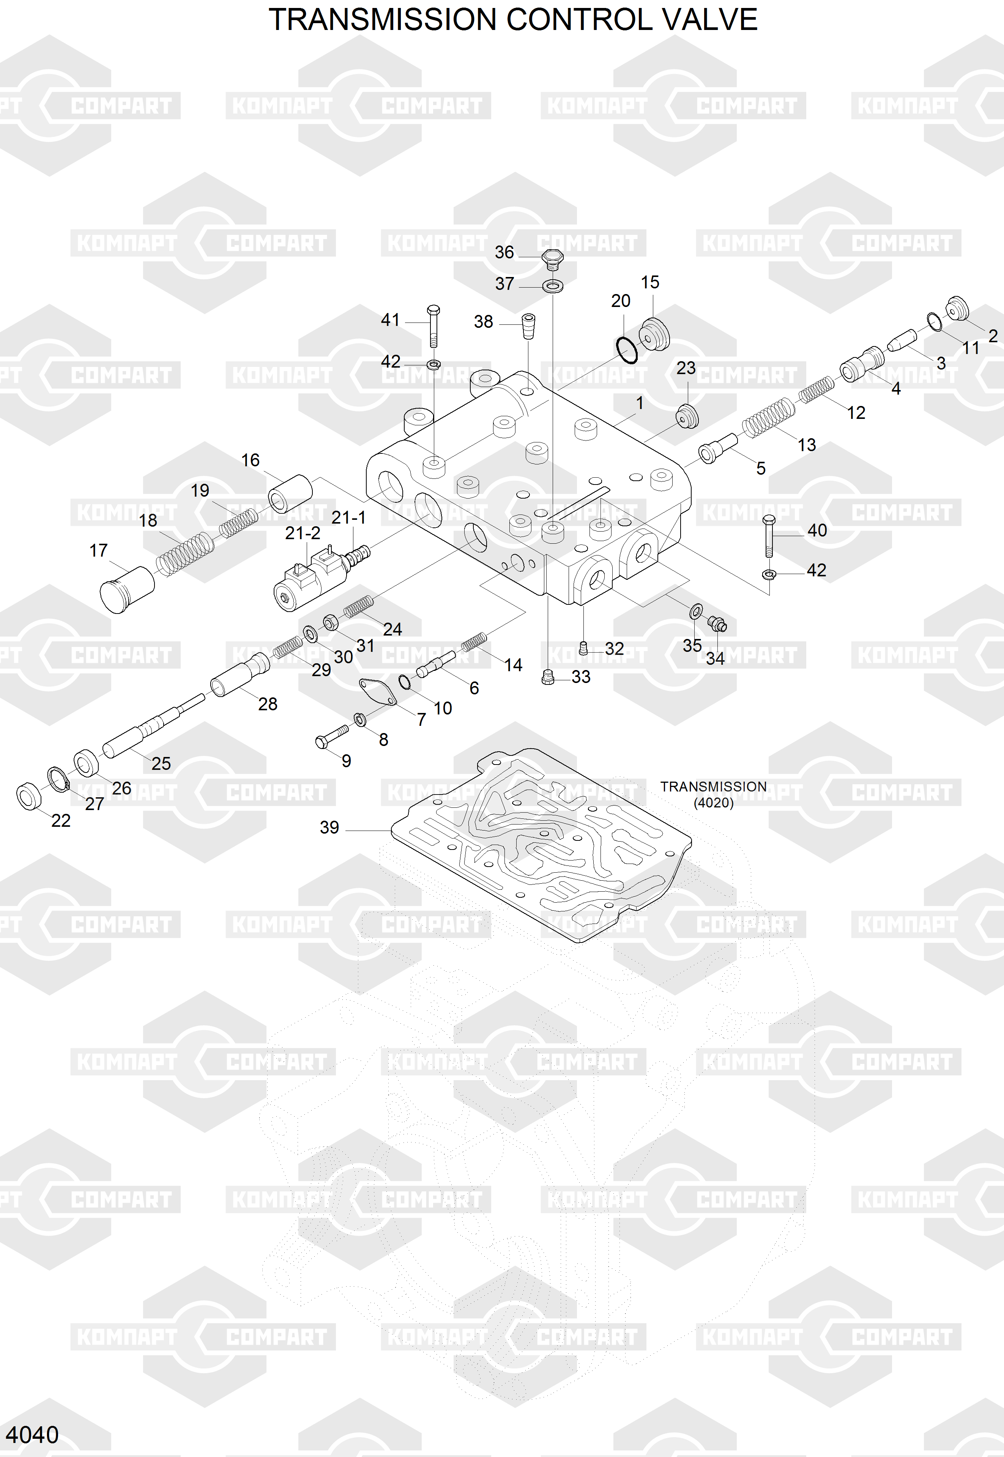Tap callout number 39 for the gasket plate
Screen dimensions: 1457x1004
[329, 828]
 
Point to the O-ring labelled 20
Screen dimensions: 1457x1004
[627, 350]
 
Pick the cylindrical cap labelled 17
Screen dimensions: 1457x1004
[127, 588]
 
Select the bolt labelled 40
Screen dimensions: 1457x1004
[768, 536]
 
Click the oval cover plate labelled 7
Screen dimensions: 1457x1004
[377, 692]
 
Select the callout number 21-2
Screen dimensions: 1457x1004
[303, 533]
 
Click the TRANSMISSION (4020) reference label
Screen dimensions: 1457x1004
[713, 794]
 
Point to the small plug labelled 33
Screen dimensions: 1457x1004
[548, 677]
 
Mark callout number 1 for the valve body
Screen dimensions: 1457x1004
[639, 403]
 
